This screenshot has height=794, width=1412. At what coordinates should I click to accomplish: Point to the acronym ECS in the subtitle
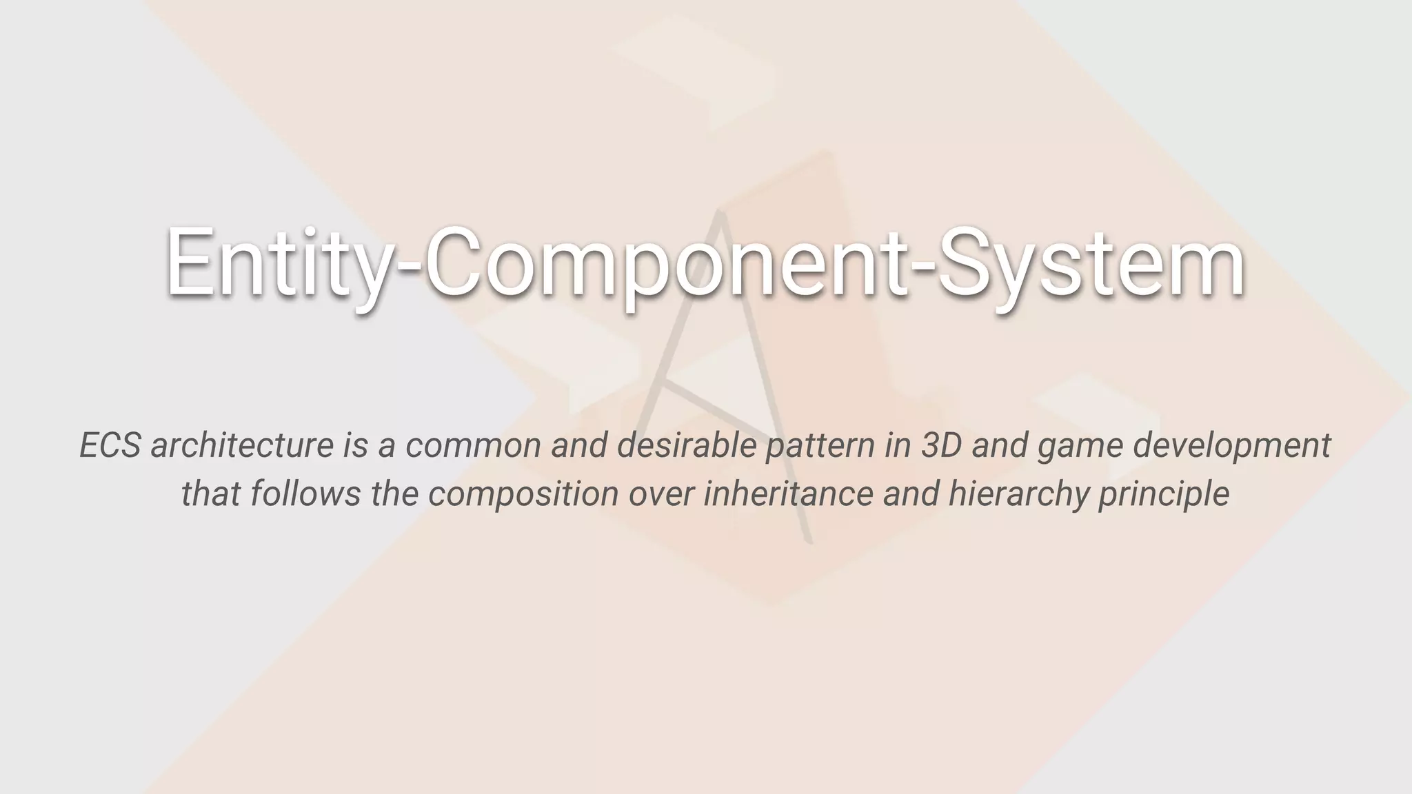[110, 445]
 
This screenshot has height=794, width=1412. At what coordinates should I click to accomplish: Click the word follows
[305, 493]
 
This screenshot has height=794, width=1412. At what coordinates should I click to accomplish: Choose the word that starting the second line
[210, 493]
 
